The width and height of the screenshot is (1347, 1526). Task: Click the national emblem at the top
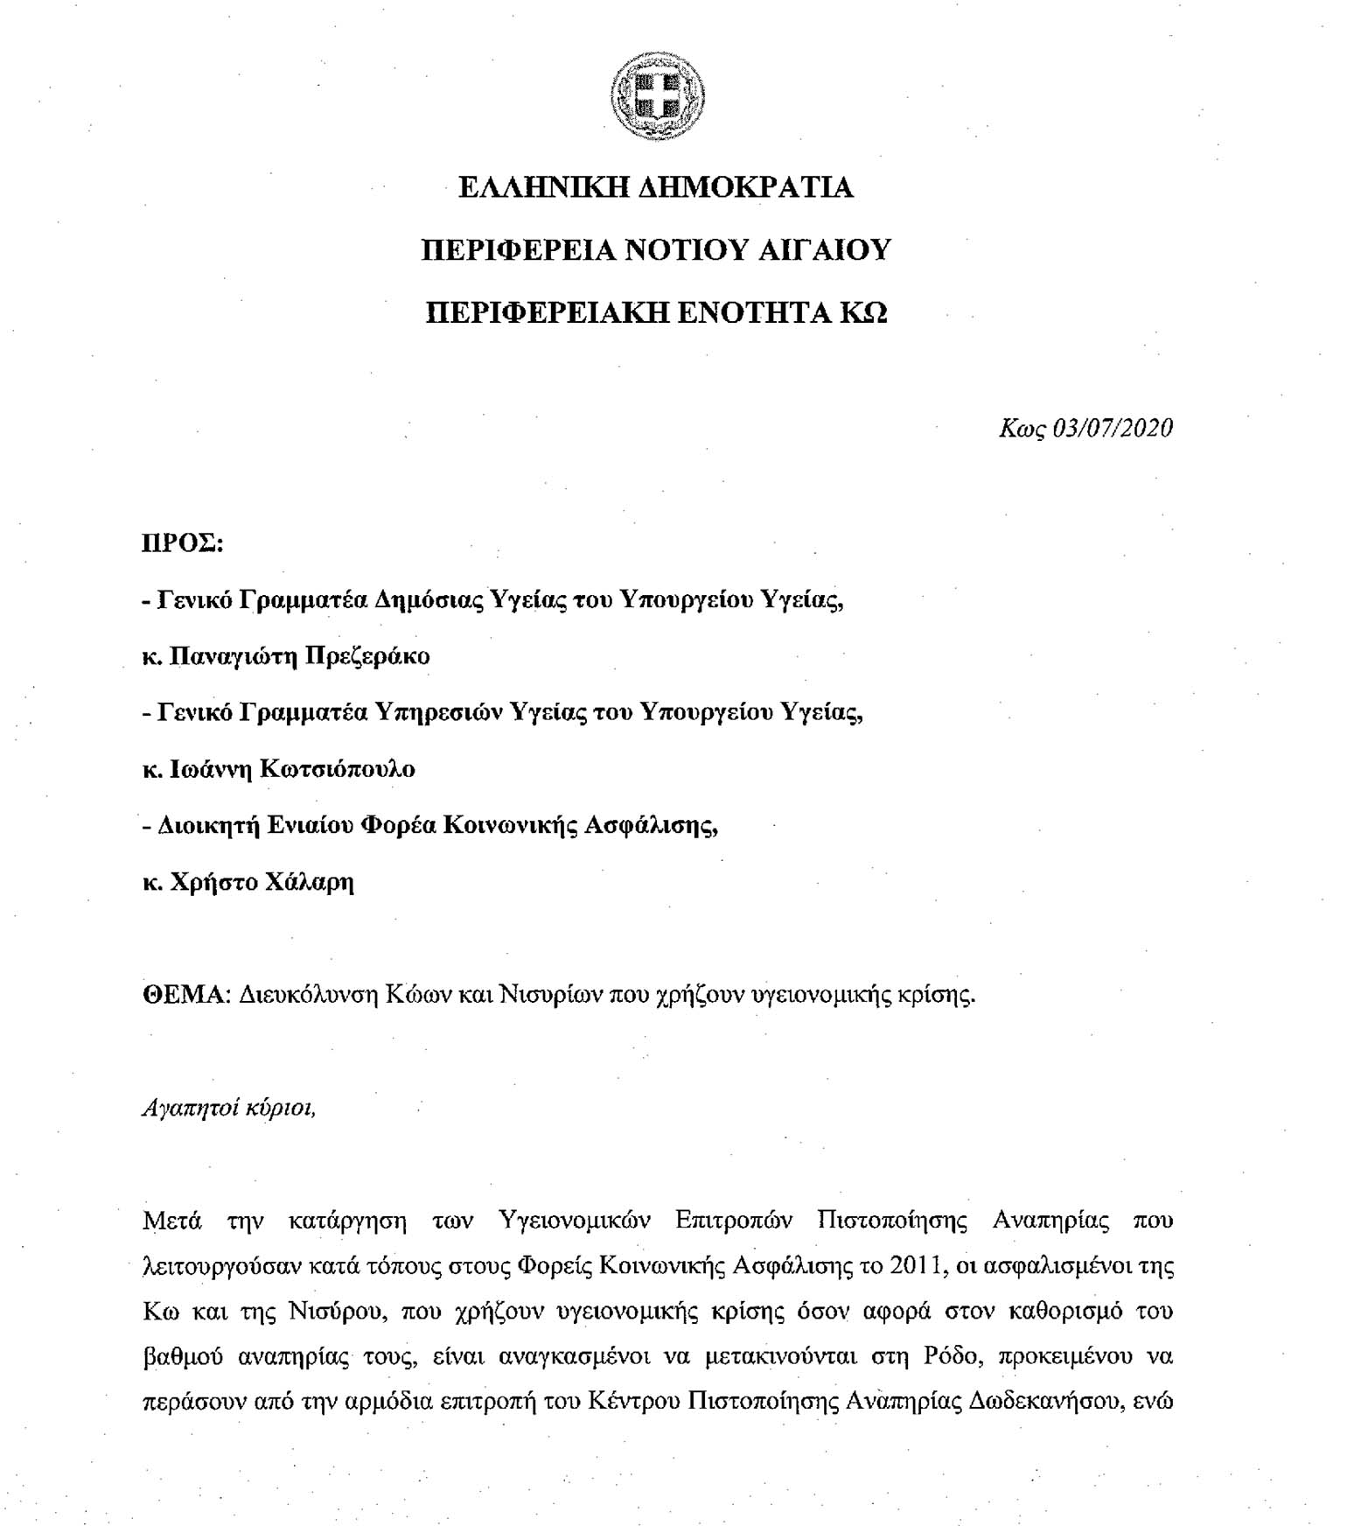point(658,94)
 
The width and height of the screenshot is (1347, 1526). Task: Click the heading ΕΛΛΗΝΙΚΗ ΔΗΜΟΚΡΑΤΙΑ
point(656,188)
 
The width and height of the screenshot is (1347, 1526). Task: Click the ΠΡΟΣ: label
point(183,543)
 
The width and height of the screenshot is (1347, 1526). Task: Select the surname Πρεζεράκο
point(364,656)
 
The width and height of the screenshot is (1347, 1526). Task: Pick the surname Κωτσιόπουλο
point(336,769)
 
